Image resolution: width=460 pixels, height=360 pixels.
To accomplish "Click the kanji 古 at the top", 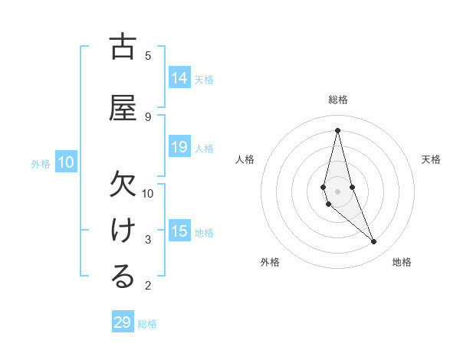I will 123,47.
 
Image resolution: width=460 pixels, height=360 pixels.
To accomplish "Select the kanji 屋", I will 123,107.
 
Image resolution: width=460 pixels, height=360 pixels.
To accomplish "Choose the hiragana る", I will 123,277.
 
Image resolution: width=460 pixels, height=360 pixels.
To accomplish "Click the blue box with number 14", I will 179,78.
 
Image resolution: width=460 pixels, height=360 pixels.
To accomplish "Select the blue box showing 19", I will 179,147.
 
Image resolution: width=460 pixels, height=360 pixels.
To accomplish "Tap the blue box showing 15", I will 179,231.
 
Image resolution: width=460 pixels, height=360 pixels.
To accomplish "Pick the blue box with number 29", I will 123,322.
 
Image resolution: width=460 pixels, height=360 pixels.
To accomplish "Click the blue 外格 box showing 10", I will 66,162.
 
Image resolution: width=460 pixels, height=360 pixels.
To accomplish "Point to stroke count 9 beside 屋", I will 148,116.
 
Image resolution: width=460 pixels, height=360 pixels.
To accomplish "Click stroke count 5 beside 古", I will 148,55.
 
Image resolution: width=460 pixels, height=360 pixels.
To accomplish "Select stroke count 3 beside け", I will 148,240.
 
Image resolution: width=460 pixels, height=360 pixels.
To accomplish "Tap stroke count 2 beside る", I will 148,286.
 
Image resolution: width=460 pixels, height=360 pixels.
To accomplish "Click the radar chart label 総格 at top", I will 337,100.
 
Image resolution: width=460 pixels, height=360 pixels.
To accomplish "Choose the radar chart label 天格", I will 431,159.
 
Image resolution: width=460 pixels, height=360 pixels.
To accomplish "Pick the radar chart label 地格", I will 402,262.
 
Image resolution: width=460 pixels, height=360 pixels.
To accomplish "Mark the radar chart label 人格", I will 245,159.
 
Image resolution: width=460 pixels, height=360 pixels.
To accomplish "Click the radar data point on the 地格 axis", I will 374,242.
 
